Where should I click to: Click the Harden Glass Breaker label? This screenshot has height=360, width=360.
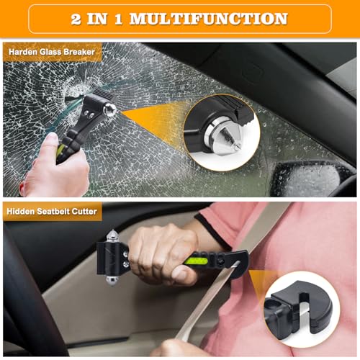(52, 51)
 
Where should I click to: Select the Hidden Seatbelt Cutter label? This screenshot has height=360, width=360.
(52, 211)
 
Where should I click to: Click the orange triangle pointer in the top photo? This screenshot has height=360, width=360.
(151, 115)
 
